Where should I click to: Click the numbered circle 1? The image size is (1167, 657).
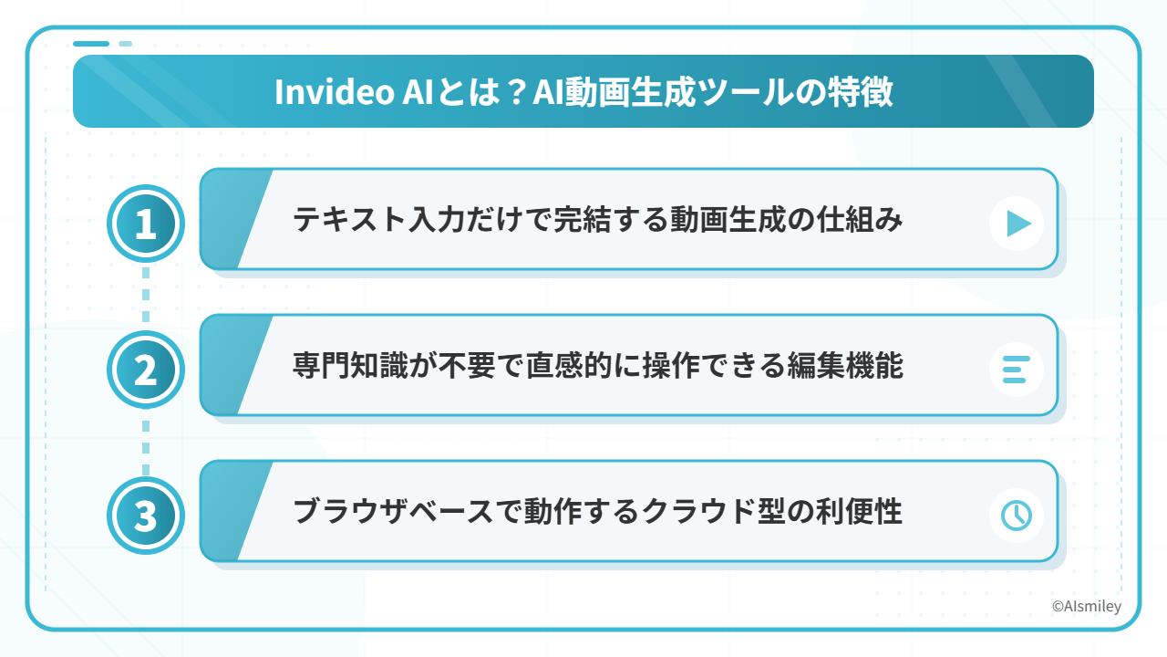coord(146,224)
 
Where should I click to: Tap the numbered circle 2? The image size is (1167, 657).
coord(146,370)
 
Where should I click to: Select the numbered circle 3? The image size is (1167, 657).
coord(146,516)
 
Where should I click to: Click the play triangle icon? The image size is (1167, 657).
coord(1019,224)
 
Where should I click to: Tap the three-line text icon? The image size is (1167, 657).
coord(1016,370)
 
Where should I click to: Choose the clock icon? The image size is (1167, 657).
coord(1017,516)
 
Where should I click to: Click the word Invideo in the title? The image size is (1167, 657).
coord(335,92)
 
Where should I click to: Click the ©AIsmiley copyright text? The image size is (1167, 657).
coord(1086,607)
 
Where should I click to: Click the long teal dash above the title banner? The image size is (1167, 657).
coord(91,44)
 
